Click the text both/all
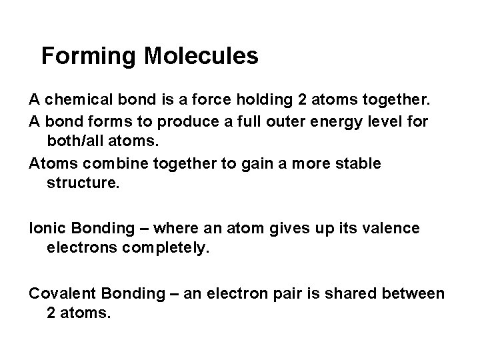(x=77, y=142)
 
